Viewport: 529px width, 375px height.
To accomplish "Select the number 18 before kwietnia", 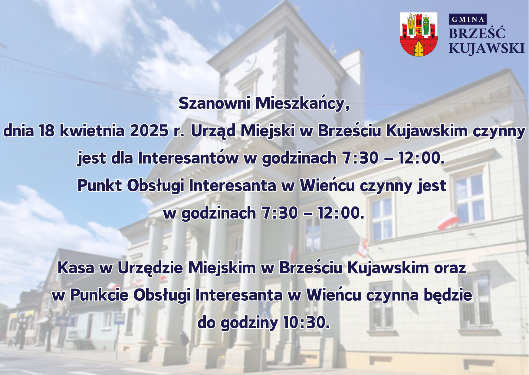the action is [x=47, y=131].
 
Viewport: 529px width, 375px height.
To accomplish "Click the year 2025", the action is [x=149, y=131].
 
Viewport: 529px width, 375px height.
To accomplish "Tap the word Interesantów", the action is [x=188, y=158].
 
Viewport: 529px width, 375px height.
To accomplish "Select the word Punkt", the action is [x=100, y=185].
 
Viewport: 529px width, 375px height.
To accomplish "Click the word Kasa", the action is [x=76, y=268].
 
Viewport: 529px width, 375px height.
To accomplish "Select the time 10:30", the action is [x=306, y=322].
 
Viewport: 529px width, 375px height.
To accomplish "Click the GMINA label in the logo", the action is [x=468, y=19].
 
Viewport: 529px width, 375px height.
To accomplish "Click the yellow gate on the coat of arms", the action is [x=419, y=49].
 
